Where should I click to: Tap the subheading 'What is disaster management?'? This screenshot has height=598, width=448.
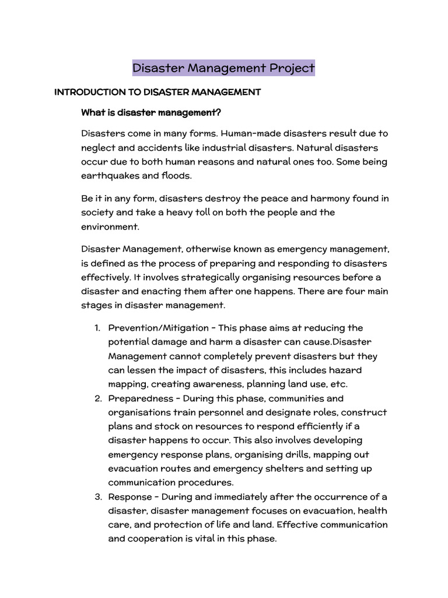pos(151,112)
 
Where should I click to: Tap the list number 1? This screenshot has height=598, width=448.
pos(97,328)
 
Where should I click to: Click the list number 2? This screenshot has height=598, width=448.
pos(97,399)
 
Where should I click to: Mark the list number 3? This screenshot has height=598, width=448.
pos(97,497)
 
